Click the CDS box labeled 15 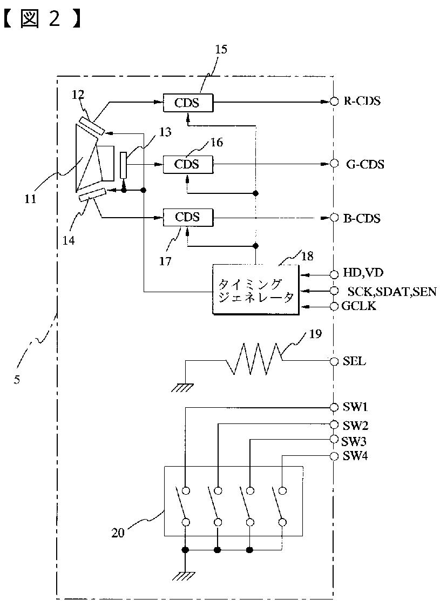click(x=188, y=103)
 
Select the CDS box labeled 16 click(x=188, y=165)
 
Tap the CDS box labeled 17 click(x=188, y=217)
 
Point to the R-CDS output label click(x=362, y=101)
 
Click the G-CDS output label click(x=365, y=165)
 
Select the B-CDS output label click(x=362, y=218)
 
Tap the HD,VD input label click(x=363, y=273)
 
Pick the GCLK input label click(x=359, y=306)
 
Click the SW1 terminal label click(x=355, y=407)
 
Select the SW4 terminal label click(x=355, y=456)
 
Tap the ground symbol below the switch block click(x=185, y=576)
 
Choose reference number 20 click(x=118, y=533)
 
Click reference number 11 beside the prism click(x=30, y=199)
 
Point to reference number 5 click(x=17, y=380)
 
